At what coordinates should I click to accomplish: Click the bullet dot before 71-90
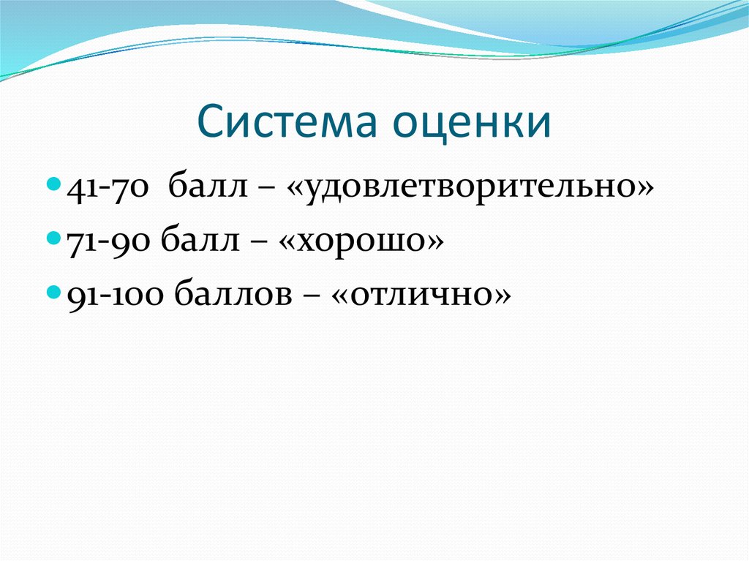[57, 238]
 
